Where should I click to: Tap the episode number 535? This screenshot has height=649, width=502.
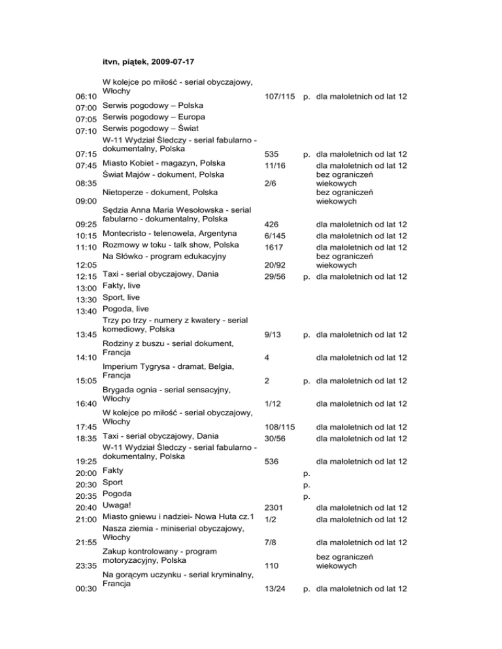pos(271,155)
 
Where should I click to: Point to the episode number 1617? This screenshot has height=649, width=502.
pos(274,247)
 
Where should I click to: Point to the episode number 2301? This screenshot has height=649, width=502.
pos(274,507)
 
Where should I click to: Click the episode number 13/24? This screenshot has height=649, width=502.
pos(275,590)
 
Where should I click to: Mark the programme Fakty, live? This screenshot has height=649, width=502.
pos(130,285)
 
